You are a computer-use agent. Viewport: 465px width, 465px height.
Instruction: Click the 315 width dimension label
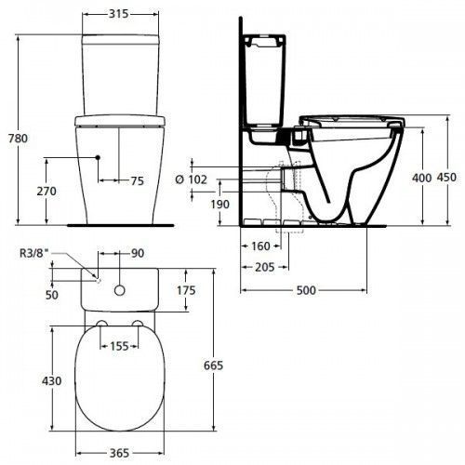coord(118,14)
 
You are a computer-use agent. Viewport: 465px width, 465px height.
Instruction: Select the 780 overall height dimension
coord(18,139)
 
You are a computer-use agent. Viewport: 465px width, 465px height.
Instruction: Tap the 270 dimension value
coord(46,192)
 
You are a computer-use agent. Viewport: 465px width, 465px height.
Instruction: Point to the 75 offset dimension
coord(138,181)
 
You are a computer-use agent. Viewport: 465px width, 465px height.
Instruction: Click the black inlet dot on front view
coord(98,157)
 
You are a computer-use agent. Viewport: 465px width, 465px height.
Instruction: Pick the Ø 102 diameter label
coord(191,179)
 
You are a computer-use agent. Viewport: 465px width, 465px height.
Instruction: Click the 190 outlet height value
coord(220,205)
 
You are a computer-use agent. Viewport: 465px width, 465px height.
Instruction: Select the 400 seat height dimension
coord(421,178)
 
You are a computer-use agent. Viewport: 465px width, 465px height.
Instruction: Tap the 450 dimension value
coord(446,178)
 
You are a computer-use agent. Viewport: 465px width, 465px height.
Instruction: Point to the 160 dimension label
coord(260,246)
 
